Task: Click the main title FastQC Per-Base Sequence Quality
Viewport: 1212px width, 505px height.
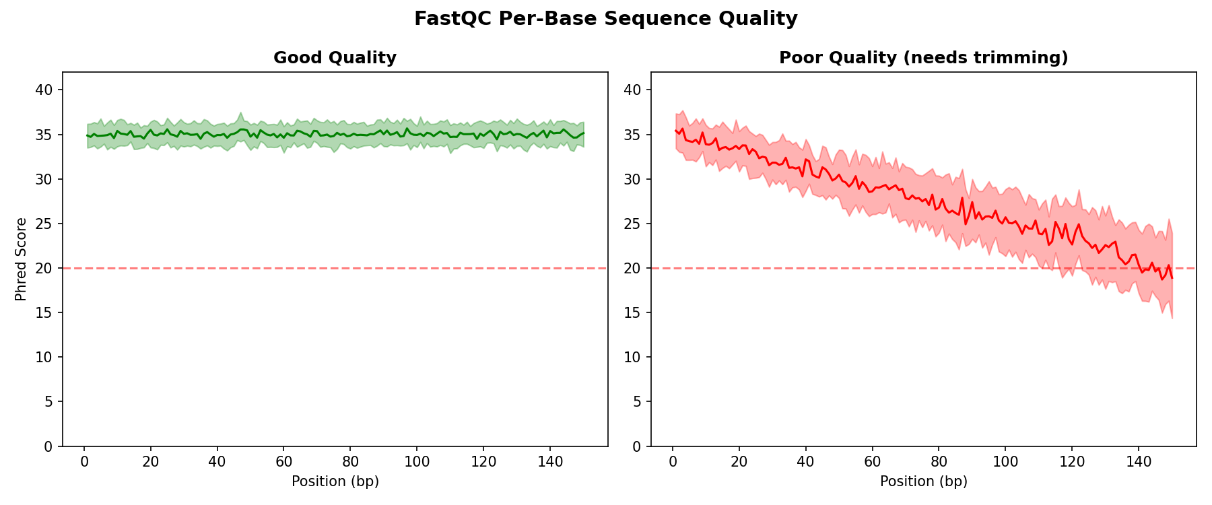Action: (x=605, y=19)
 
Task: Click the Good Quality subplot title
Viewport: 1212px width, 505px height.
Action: (x=335, y=58)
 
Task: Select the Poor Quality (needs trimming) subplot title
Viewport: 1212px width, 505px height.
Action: (x=923, y=58)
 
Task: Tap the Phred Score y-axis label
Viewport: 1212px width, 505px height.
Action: (x=22, y=259)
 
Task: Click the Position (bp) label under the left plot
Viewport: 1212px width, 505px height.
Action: (x=335, y=481)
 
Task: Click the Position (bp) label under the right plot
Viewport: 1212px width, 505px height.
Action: (x=923, y=481)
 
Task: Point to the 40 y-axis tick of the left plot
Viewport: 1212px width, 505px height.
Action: (x=48, y=90)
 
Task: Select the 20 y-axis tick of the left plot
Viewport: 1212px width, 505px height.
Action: (x=48, y=268)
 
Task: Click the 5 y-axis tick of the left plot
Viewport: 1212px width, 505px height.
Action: (x=51, y=402)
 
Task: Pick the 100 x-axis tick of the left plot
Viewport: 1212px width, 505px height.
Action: (x=417, y=462)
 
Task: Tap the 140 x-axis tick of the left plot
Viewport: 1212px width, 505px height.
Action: (x=550, y=462)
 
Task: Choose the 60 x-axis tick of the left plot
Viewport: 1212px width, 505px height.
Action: (x=283, y=462)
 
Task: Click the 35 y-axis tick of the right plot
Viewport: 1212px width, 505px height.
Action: (x=636, y=135)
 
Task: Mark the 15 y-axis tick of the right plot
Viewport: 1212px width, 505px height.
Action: (x=636, y=313)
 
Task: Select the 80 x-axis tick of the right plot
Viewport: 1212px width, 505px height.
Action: (x=939, y=462)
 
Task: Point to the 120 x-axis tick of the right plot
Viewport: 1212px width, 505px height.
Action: (x=1072, y=462)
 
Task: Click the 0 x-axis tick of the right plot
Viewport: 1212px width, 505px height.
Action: (x=672, y=462)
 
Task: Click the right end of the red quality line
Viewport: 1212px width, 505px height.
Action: (x=1172, y=278)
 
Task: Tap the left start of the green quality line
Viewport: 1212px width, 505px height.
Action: (x=88, y=135)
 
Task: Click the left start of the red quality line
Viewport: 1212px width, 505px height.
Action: (x=675, y=131)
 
